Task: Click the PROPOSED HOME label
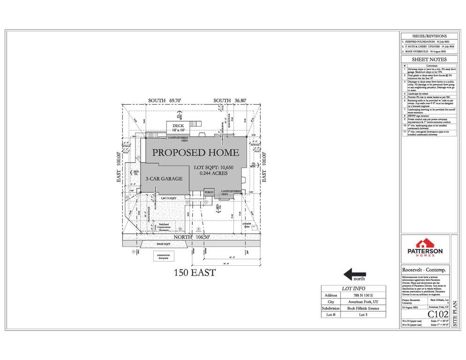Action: pos(195,152)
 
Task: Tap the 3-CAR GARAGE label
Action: pos(164,179)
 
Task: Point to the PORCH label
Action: pos(209,192)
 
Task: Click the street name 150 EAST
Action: pos(195,272)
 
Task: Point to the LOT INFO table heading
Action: pos(353,289)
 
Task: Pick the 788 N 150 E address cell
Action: pos(363,296)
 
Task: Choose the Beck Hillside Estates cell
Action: pos(363,308)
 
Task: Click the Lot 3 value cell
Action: pos(363,315)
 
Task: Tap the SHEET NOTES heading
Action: pos(429,60)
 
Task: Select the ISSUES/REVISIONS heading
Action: pos(429,36)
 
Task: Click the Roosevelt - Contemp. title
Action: pos(424,270)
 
